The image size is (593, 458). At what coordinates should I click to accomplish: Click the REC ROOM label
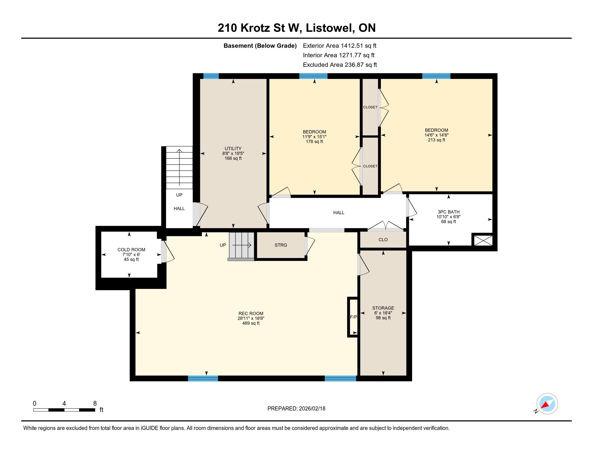point(251,314)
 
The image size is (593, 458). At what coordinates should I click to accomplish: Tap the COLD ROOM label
point(131,250)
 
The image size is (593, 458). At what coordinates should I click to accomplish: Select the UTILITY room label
point(233,148)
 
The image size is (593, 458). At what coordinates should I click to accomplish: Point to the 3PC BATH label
point(449,212)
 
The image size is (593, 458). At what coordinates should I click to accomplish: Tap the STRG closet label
point(281,245)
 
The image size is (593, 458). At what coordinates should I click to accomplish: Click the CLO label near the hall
point(383,240)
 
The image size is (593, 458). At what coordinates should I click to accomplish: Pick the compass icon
point(547,404)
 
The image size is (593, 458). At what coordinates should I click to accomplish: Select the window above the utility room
point(211,76)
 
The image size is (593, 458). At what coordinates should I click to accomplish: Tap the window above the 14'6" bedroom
point(436,76)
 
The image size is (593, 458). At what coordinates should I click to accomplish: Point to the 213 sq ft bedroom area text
point(437,140)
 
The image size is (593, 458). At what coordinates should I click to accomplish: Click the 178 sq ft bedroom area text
point(314,142)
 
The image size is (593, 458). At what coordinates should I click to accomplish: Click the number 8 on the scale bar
point(95,404)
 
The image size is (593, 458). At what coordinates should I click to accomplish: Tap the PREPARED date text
point(296,409)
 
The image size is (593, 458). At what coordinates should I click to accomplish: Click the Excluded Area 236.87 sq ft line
point(340,65)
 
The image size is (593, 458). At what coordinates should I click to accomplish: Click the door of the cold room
point(168,252)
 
